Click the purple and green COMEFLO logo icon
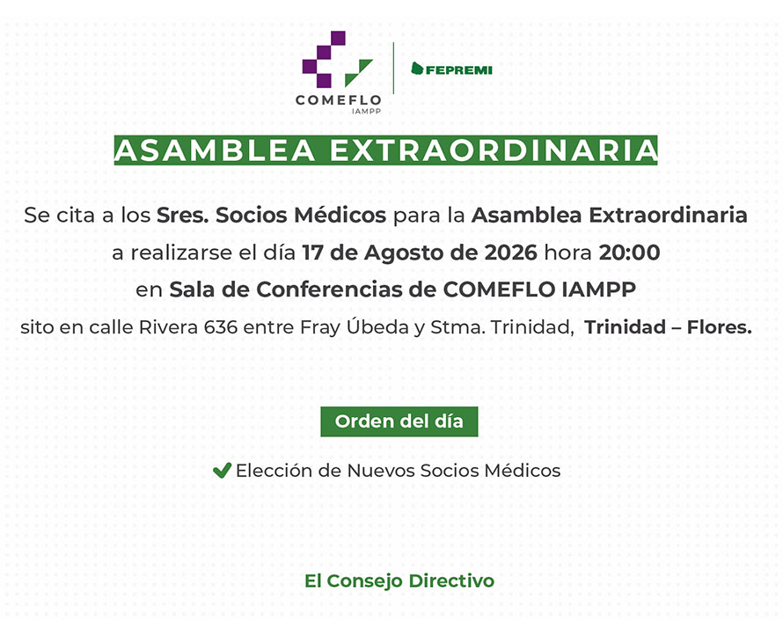point(337,60)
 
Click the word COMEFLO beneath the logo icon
point(338,100)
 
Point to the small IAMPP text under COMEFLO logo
point(366,112)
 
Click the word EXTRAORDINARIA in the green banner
point(494,150)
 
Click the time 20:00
point(629,253)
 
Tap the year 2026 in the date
point(510,253)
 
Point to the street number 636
point(220,327)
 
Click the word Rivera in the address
point(168,327)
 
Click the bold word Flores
point(719,327)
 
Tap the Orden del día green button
point(399,421)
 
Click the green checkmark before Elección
point(222,470)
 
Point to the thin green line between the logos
point(393,68)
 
